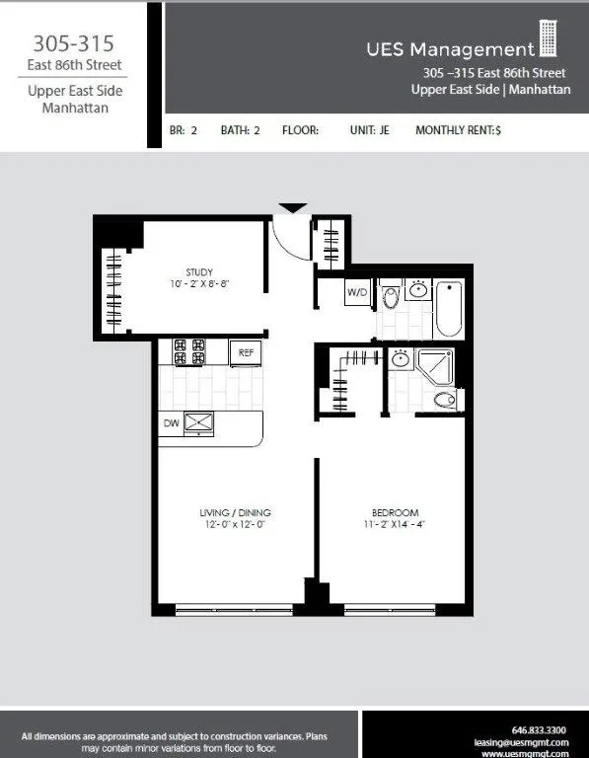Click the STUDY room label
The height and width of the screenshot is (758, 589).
coord(200,271)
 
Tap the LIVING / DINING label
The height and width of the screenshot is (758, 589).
coord(234,512)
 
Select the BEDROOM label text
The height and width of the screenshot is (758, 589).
coord(395,512)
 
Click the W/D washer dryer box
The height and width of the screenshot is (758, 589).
coord(356,293)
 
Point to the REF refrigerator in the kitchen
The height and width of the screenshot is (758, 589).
coord(244,350)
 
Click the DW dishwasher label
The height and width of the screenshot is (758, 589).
coord(171,422)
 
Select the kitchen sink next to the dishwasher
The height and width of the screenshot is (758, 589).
coord(200,422)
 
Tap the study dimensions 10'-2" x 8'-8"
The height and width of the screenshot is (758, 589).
coord(200,284)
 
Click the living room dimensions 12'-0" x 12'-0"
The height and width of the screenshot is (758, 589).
coord(234,524)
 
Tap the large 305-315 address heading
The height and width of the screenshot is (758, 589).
coord(73,43)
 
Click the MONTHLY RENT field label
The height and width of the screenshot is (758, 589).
coord(458,130)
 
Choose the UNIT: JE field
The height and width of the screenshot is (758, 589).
coord(369,130)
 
